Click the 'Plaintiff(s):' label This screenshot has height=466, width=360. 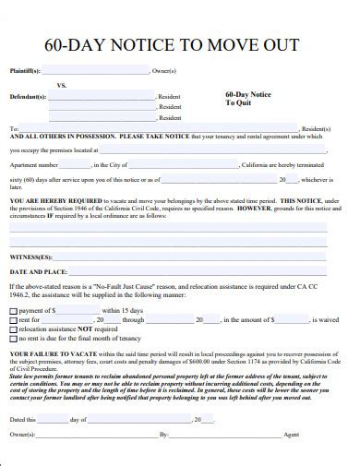coord(27,70)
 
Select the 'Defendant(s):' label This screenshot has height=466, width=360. coord(29,95)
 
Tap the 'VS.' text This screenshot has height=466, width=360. coord(62,84)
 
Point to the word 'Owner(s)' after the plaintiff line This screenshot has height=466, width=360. coord(164,70)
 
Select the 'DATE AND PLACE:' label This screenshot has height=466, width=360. coord(38,272)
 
